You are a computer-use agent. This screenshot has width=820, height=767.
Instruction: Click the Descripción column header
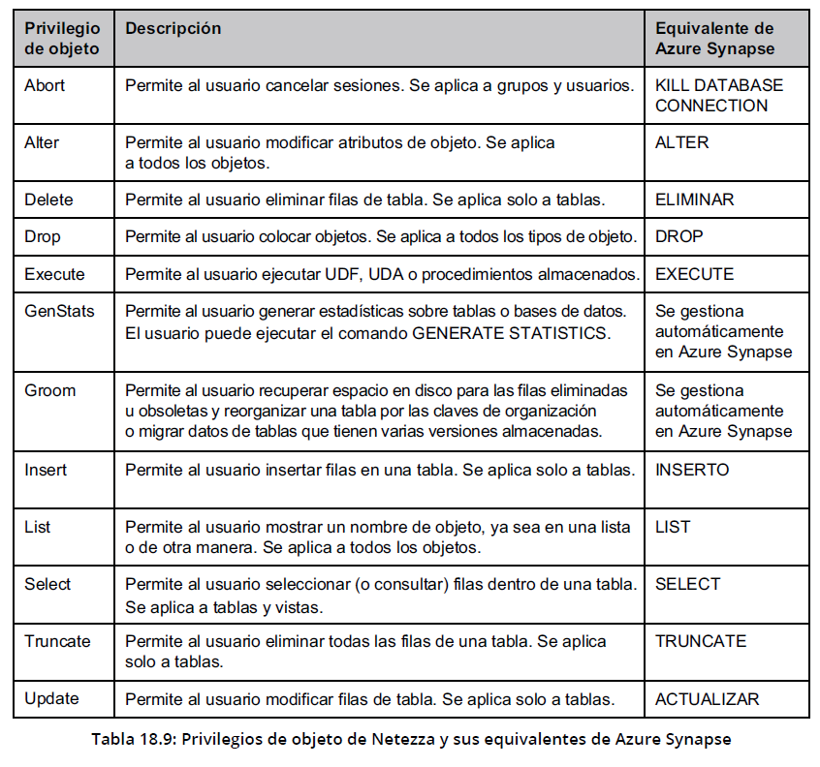[x=173, y=29]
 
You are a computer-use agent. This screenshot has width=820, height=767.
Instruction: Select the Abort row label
[x=45, y=85]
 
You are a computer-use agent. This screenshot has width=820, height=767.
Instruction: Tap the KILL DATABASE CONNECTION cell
[x=718, y=95]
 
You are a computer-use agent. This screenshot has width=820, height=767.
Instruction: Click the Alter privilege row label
[x=42, y=142]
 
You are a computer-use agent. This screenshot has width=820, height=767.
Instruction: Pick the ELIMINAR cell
[x=694, y=199]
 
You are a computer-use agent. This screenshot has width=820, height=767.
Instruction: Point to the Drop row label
[x=42, y=235]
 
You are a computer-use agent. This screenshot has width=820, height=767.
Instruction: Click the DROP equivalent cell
[x=678, y=235]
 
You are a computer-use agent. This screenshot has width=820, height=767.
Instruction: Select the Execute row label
[x=54, y=274]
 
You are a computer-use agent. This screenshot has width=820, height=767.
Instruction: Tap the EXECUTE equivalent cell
[x=694, y=274]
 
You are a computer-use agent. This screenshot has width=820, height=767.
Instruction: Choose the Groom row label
[x=49, y=390]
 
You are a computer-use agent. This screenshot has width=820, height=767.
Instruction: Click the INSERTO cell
[x=692, y=470]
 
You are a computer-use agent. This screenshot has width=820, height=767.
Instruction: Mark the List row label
[x=38, y=527]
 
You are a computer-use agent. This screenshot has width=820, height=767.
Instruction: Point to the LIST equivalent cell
[x=673, y=527]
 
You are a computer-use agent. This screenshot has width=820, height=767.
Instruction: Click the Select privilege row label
[x=47, y=584]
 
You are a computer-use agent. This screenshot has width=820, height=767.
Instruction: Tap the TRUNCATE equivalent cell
[x=701, y=641]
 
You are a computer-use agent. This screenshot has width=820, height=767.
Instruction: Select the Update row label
[x=51, y=698]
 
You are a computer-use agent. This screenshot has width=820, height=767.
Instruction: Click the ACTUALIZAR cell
[x=707, y=698]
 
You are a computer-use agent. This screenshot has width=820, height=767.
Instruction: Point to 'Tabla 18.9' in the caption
[x=131, y=740]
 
